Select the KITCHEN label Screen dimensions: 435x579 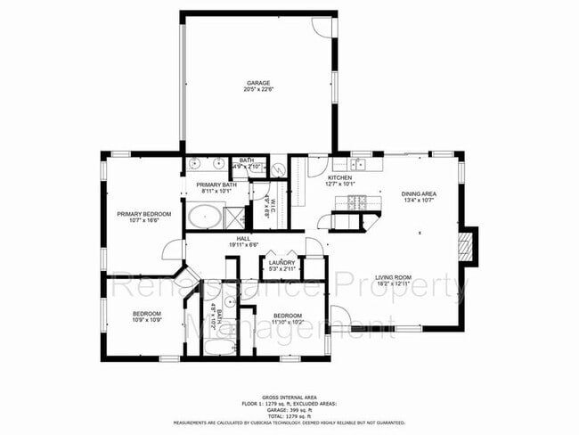[339, 178]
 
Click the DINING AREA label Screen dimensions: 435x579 [418, 193]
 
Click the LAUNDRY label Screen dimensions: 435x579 [281, 262]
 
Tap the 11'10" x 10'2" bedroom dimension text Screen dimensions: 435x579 [287, 322]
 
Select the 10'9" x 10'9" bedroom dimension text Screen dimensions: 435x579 [147, 320]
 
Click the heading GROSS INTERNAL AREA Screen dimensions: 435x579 [289, 398]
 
